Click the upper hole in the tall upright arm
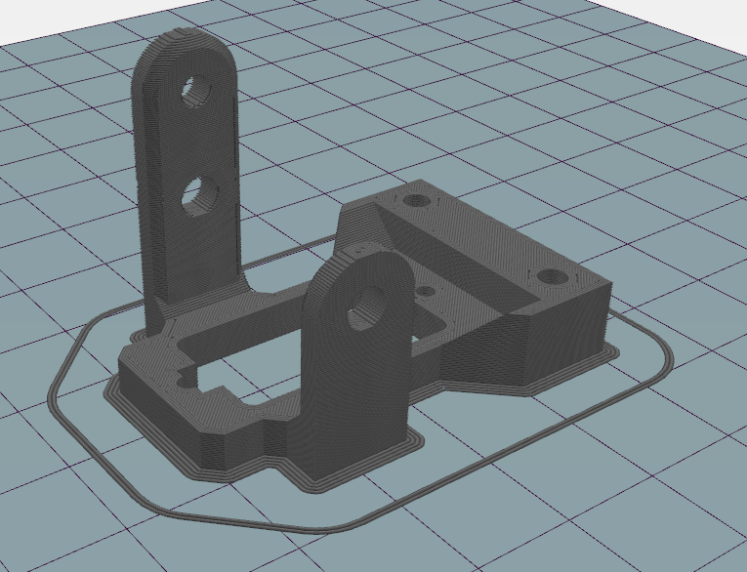pyautogui.click(x=198, y=90)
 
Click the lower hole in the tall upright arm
pyautogui.click(x=201, y=192)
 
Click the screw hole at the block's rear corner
pyautogui.click(x=418, y=200)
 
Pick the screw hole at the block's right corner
pyautogui.click(x=554, y=276)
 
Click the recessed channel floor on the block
pyautogui.click(x=459, y=264)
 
